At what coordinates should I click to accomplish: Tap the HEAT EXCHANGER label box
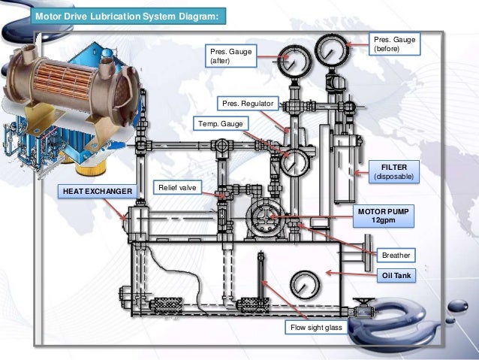(98, 192)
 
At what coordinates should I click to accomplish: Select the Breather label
(396, 256)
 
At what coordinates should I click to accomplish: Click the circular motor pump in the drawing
(261, 217)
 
